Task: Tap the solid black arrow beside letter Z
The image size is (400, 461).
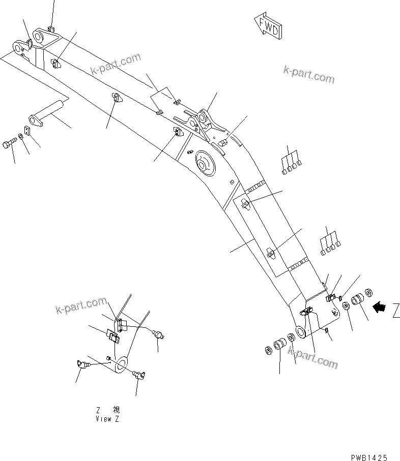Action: (379, 308)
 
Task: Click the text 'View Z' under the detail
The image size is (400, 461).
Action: (107, 419)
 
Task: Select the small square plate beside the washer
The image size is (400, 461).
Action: (27, 131)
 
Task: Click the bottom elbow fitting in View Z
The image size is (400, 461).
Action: (138, 375)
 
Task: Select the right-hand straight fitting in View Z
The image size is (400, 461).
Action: (160, 333)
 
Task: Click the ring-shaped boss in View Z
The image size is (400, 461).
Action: (122, 363)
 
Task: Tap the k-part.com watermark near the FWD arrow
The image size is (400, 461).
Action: (309, 75)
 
